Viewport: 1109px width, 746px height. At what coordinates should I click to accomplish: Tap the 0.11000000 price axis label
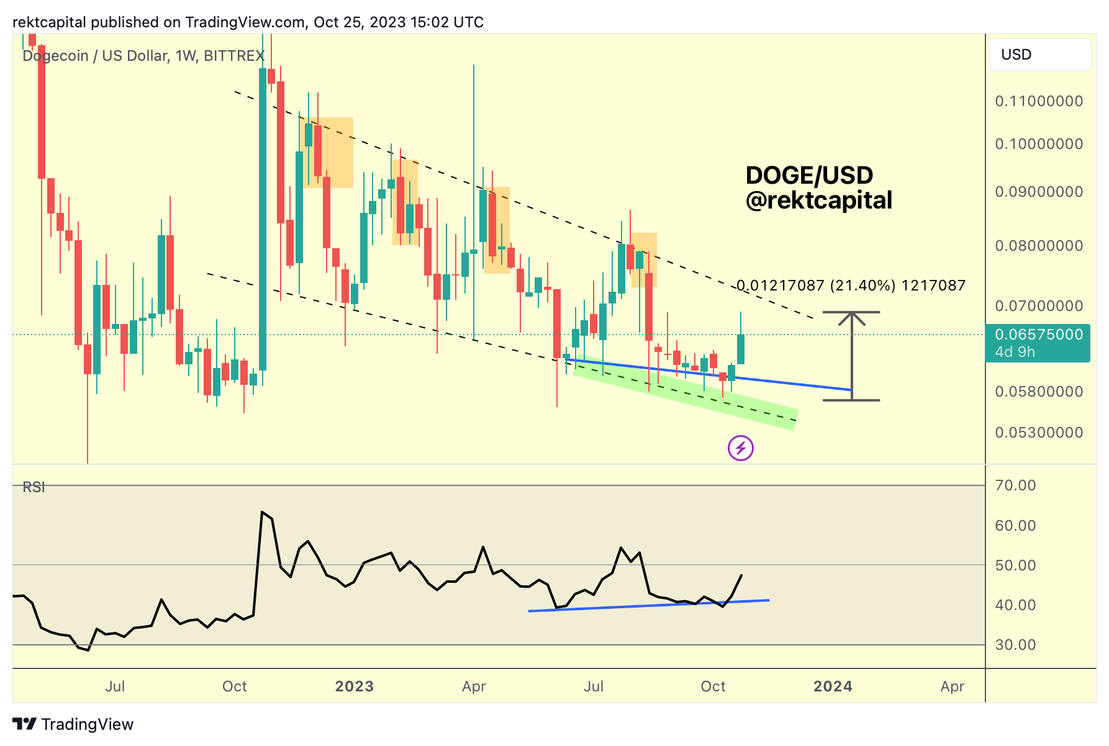click(x=1039, y=101)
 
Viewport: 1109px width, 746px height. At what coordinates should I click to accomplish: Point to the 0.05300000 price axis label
click(x=1039, y=433)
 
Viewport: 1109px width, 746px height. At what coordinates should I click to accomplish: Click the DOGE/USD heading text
click(x=808, y=176)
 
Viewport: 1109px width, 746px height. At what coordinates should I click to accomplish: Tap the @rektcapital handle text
click(x=818, y=200)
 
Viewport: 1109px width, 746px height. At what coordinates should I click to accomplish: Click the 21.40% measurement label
click(x=851, y=285)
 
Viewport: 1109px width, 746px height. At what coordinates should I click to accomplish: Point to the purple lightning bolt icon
click(x=740, y=448)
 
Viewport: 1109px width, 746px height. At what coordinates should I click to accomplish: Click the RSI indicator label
click(x=34, y=487)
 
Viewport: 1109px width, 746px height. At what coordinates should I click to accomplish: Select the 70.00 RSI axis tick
click(x=1015, y=485)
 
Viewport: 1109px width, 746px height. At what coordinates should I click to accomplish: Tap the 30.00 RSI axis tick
click(x=1015, y=645)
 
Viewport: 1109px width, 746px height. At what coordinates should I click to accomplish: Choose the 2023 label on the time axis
click(x=354, y=686)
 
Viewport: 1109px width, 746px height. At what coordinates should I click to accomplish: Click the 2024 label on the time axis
click(x=833, y=686)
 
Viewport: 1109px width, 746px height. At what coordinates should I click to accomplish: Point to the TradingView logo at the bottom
click(x=73, y=724)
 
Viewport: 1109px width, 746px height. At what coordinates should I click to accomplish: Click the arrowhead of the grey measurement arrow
click(x=851, y=318)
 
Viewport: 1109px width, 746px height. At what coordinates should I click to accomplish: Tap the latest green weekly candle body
click(x=741, y=349)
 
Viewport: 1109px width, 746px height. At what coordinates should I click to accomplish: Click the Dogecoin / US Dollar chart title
click(x=143, y=56)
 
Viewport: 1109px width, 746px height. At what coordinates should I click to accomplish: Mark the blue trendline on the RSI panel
click(x=649, y=606)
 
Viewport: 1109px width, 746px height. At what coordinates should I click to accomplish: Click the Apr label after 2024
click(x=952, y=686)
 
